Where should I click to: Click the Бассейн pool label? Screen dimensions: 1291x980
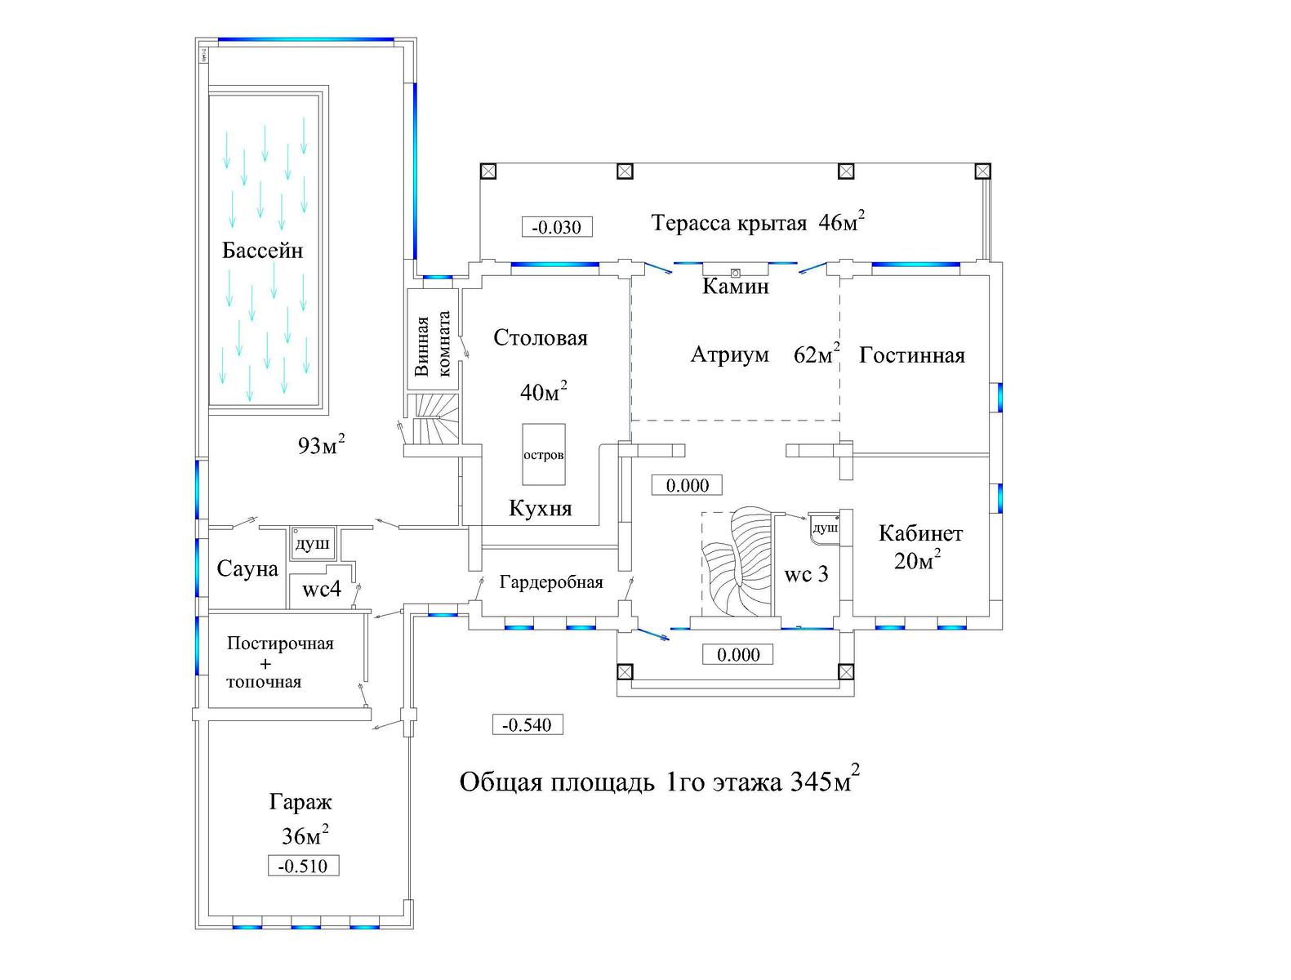(x=262, y=251)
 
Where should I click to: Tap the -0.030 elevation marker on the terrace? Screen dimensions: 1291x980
(x=556, y=227)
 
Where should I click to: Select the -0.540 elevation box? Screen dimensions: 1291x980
(x=527, y=724)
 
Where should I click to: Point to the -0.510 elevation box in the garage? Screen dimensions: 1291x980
(x=303, y=866)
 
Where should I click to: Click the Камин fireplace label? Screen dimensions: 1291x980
(x=735, y=287)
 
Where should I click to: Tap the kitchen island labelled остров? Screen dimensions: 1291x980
(x=544, y=455)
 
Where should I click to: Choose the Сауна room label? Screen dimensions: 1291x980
(x=247, y=569)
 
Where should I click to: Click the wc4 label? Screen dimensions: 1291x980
(x=321, y=590)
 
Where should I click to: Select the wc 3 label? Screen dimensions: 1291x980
(x=806, y=575)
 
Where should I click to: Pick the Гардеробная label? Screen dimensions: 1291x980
(x=551, y=583)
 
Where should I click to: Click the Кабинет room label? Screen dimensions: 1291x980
(x=920, y=533)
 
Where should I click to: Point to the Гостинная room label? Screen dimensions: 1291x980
(x=911, y=355)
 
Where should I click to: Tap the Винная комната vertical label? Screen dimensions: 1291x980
(x=432, y=344)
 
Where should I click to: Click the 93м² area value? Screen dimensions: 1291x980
(x=321, y=445)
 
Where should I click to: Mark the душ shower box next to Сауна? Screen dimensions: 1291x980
(x=312, y=543)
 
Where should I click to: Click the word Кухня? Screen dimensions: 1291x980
(x=540, y=508)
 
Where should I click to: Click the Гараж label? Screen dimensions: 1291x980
(x=300, y=802)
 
